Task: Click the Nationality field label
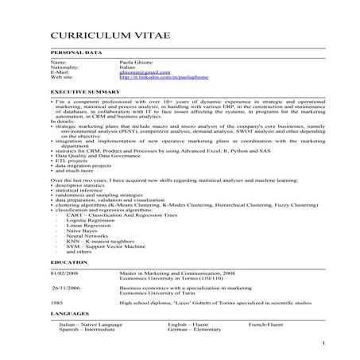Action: coord(64,67)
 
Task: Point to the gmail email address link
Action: coord(139,72)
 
